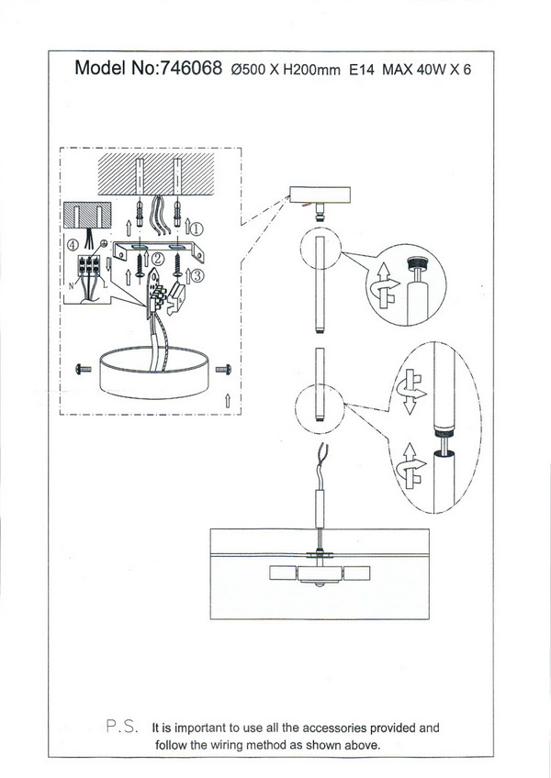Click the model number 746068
point(189,68)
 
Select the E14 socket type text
point(361,70)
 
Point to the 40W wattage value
point(432,70)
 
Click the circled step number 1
point(197,228)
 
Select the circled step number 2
point(157,259)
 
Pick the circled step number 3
point(197,275)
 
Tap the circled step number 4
point(73,245)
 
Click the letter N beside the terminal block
point(71,285)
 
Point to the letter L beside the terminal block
point(105,284)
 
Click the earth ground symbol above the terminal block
point(104,244)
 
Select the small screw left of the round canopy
point(83,369)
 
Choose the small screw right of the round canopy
point(223,369)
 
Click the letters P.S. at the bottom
point(122,726)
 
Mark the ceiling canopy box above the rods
point(320,195)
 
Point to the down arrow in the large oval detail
point(409,406)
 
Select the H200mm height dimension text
point(311,70)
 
